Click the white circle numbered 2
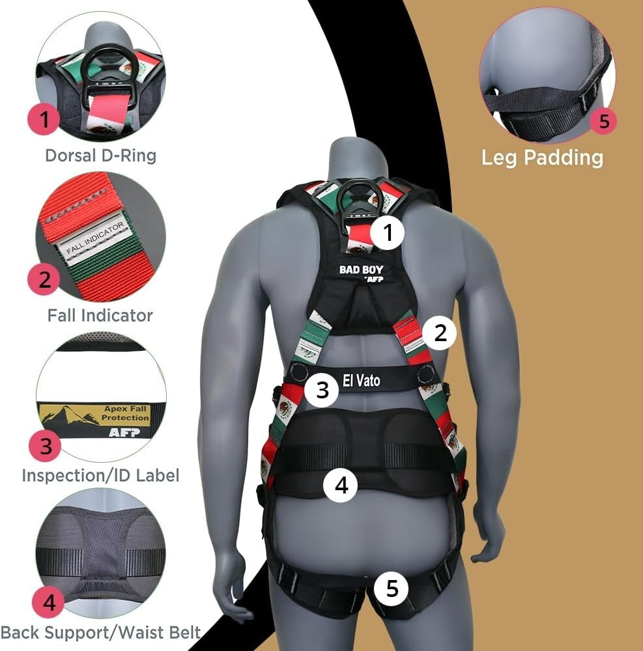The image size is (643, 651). [x=440, y=333]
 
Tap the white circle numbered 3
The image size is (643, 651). [x=322, y=389]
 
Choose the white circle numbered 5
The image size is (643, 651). [x=392, y=588]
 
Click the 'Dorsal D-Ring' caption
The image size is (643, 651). [x=100, y=156]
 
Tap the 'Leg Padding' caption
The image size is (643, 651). [x=542, y=158]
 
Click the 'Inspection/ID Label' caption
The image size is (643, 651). [x=100, y=475]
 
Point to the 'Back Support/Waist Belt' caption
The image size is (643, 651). [x=100, y=632]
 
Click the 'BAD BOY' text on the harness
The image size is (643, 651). [x=360, y=270]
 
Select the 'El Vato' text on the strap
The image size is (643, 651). [x=362, y=379]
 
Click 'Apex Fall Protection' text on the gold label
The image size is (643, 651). [x=126, y=413]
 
